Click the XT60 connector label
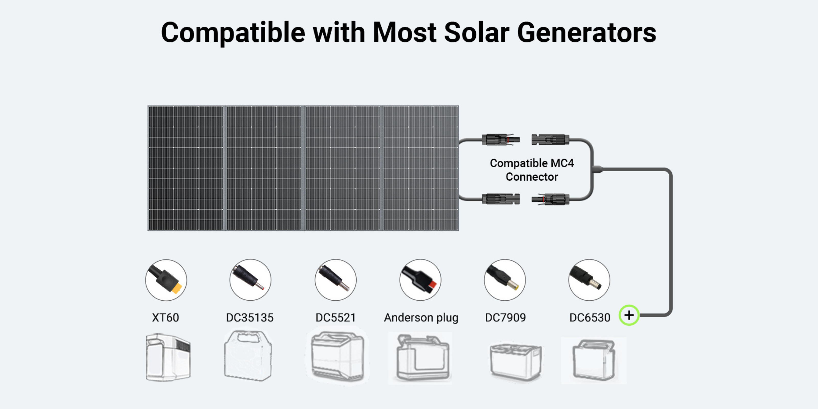165,317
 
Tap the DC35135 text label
249,317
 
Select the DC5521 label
335,317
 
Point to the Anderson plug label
421,318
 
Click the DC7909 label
505,317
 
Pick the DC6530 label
590,317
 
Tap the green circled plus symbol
629,315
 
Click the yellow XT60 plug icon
166,280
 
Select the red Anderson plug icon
420,280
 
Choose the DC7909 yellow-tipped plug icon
505,280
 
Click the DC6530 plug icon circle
589,280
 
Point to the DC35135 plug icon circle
250,280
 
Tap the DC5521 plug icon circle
335,280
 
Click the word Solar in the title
476,32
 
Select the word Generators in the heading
586,33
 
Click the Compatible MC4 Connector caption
532,170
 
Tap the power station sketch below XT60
168,357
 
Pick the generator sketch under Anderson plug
420,358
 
